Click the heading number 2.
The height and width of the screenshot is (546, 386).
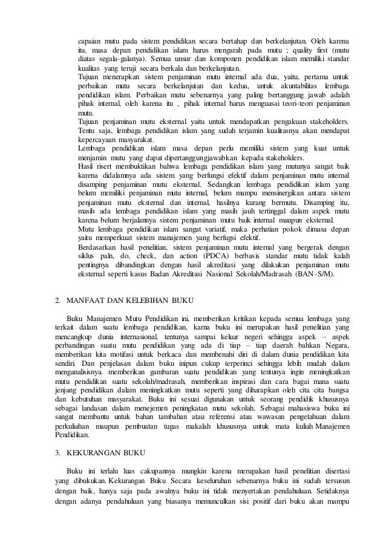coord(57,300)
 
